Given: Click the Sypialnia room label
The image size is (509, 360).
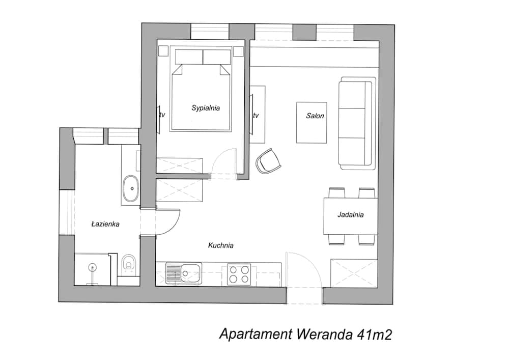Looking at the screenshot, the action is pos(206,108).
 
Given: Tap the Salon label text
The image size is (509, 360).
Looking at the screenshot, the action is pos(315,116).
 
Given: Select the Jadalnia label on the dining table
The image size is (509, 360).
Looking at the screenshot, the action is pos(351,214).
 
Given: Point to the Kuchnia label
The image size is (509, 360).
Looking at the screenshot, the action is pos(221,245).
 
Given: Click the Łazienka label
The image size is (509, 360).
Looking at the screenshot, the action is pos(105,224).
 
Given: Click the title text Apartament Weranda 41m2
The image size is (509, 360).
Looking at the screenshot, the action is pos(306,334).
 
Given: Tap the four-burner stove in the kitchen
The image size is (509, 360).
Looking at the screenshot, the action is pos(239,274).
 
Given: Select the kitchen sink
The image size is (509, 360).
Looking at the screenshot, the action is pos(184,273).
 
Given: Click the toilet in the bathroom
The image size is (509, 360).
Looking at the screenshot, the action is pos(129,264).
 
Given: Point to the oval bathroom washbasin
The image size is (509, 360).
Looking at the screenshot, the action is pos(132,188).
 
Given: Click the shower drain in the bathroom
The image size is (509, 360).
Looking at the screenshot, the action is pos(93,268).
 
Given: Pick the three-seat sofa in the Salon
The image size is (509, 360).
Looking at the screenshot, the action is pos(357,123).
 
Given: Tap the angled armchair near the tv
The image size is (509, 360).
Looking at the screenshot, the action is pos(268,161).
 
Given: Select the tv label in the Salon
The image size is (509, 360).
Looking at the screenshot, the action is pos(256,115).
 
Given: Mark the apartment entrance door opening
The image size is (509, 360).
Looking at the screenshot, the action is pos(304,295).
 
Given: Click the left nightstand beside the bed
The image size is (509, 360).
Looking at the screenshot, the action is pos(163,50).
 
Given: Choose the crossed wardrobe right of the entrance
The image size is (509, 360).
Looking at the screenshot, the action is pos(354,273).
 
